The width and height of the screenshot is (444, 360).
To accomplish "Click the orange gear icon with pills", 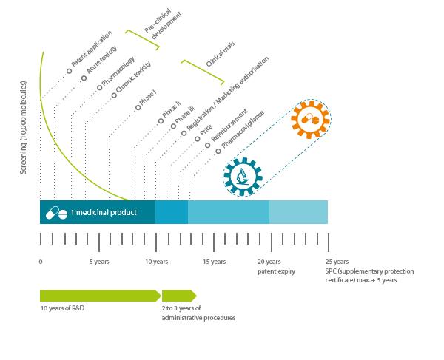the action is point(311,119).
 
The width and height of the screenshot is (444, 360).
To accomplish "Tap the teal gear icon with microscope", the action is point(243,177).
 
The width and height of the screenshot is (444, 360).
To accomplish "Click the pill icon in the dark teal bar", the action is point(57,213).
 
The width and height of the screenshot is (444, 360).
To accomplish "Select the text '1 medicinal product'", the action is point(104,212).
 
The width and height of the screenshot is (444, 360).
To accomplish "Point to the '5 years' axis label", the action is point(99,262).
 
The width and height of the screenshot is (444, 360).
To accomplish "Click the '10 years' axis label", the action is point(157,262).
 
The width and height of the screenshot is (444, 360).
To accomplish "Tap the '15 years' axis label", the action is point(215,262).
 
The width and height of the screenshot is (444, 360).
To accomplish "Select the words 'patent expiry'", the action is point(276,271).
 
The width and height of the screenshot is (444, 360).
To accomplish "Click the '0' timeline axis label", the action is point(41,262).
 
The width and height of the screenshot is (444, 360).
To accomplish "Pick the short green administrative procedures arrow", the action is point(179,296).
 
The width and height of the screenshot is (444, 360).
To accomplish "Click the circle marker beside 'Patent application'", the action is point(70,71).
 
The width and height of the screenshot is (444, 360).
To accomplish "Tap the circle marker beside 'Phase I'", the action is point(138,107).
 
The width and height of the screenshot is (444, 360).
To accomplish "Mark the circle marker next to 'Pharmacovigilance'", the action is point(218,152).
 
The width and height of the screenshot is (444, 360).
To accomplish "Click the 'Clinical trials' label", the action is point(221,54).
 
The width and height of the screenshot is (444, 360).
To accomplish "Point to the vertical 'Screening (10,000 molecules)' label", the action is point(24,128).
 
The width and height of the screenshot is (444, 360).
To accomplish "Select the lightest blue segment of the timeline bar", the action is point(298,212).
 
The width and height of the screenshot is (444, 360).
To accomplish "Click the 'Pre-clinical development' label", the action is point(163,24).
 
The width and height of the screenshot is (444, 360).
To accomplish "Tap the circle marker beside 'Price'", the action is point(198,139).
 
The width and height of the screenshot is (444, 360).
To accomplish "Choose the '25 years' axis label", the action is point(337,262).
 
